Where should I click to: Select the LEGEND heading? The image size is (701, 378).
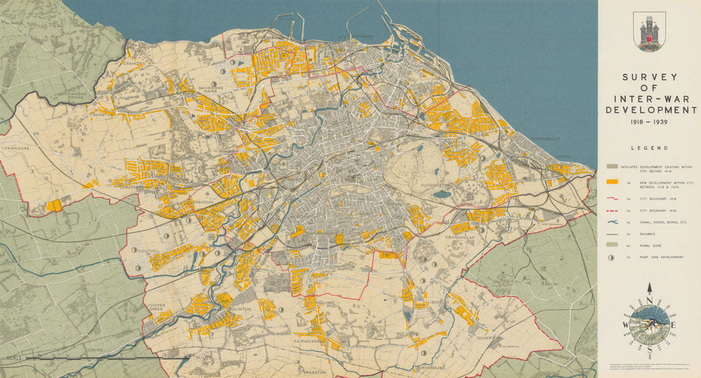click(648, 148)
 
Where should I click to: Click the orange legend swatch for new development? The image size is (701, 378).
click(612, 182)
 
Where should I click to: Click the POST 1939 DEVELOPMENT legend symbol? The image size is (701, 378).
click(612, 257)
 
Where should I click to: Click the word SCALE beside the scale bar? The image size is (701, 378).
click(11, 358)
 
